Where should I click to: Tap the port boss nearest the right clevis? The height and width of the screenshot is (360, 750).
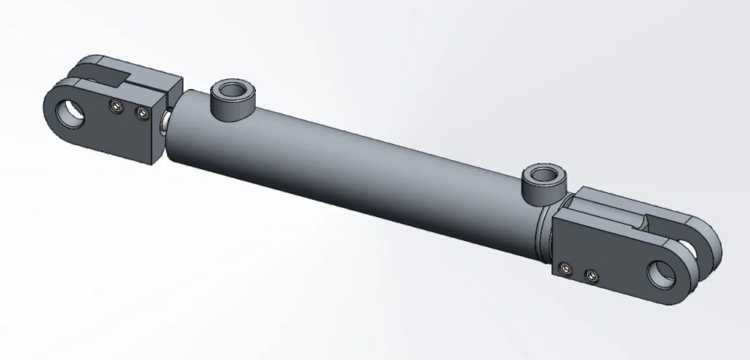541,191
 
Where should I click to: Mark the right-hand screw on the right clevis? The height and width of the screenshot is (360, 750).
590,276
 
